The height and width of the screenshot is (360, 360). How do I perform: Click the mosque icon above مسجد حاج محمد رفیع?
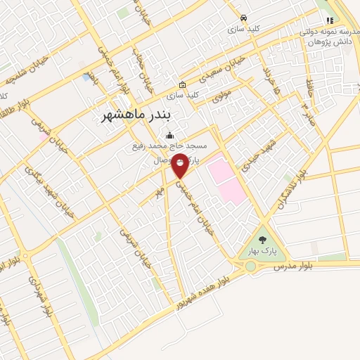click(x=169, y=136)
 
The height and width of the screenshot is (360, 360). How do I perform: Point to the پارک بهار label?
click(x=262, y=251)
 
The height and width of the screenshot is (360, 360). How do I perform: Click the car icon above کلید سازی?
click(x=243, y=18)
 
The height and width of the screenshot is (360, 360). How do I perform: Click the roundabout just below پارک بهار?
click(x=251, y=266)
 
